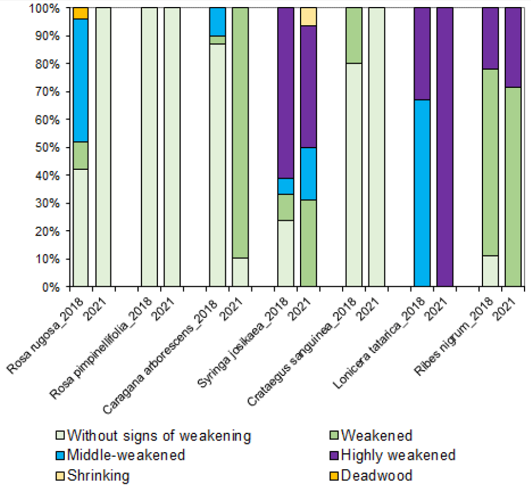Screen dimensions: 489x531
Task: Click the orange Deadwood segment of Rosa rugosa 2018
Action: click(x=80, y=13)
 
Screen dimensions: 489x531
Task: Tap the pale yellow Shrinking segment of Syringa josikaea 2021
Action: click(x=308, y=16)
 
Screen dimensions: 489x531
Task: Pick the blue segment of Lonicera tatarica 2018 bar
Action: click(x=422, y=193)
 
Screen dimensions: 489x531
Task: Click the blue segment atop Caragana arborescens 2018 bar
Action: click(x=218, y=22)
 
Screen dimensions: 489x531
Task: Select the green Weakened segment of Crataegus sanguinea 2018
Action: click(x=353, y=35)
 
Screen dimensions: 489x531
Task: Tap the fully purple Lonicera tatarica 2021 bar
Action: click(x=444, y=146)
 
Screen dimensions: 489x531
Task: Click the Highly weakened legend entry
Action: click(x=398, y=455)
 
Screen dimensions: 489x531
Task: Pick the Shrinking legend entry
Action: click(x=98, y=475)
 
